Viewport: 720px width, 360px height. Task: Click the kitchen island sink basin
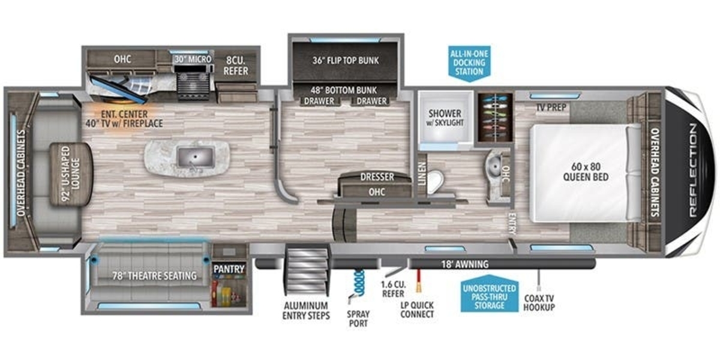[195, 157]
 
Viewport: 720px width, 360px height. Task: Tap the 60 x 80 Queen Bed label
[586, 172]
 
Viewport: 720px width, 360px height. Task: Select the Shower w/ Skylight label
[445, 118]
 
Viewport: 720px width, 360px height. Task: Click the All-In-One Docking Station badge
[469, 64]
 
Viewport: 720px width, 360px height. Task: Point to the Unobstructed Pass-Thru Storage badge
[489, 293]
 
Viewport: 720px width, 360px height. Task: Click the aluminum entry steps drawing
[307, 271]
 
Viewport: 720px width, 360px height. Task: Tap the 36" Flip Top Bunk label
[346, 61]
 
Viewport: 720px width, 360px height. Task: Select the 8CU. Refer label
[236, 66]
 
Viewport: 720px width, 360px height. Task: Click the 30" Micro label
[193, 59]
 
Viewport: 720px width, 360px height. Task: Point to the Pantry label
[229, 269]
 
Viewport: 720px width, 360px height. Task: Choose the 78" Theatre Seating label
[154, 276]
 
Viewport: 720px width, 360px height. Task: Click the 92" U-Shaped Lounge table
[71, 174]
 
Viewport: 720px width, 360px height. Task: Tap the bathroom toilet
[435, 182]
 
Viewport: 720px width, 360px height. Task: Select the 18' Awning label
[465, 264]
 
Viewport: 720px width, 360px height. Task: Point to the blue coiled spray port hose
[359, 283]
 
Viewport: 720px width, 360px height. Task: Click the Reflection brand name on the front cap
[694, 170]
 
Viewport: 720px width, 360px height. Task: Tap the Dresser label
[377, 177]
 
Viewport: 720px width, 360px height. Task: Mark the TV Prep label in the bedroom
[551, 107]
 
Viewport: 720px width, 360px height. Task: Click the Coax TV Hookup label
[539, 303]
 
